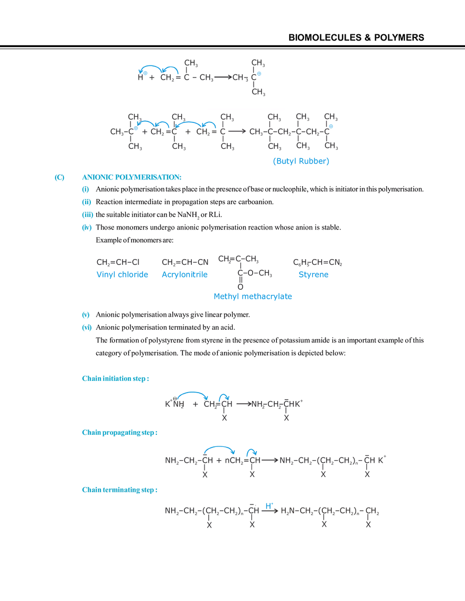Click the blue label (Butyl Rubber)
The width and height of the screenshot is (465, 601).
301,162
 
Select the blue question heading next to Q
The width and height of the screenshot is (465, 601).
132,177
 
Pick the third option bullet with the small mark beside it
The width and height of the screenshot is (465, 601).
88,215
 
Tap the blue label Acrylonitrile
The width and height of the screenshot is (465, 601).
185,274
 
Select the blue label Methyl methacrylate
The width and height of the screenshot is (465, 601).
253,297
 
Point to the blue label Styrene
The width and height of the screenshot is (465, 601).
313,274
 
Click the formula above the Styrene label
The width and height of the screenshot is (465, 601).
319,262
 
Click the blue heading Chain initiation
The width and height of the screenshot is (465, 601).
116,379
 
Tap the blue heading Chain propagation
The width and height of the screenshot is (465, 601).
121,432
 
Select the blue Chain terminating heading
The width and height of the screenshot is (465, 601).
119,490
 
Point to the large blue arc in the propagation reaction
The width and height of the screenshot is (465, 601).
219,447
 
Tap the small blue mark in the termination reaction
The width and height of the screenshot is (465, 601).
267,504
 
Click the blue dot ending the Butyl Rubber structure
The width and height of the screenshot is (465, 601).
331,127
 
